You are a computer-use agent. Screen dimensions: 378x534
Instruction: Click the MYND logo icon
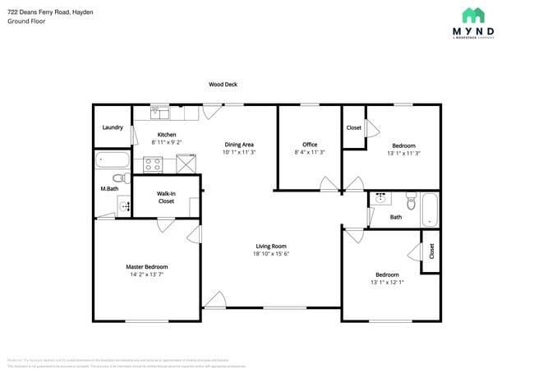472,15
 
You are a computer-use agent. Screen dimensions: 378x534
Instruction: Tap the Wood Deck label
223,84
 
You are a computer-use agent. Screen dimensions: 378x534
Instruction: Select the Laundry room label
113,127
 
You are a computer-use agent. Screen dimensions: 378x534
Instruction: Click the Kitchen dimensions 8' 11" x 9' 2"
167,142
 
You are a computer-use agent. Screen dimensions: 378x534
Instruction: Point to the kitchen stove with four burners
154,164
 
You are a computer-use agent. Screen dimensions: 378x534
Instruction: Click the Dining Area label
239,145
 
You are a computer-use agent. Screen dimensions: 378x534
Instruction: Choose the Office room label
310,145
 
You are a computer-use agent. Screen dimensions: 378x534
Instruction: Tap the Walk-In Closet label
166,197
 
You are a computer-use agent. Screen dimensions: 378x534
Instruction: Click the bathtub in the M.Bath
112,160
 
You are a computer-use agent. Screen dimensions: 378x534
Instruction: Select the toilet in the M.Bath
117,177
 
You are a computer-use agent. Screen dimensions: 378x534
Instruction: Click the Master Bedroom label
147,267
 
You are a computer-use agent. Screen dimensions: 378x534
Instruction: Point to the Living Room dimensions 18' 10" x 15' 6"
271,253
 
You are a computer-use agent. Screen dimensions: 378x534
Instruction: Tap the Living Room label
271,246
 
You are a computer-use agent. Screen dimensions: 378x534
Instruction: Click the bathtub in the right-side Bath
430,210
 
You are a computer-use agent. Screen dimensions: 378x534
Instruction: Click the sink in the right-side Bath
380,198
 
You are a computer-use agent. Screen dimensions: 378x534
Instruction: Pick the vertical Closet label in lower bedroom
431,251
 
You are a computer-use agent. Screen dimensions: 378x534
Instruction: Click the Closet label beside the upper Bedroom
354,127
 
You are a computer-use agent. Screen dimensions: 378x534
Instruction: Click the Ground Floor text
26,21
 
